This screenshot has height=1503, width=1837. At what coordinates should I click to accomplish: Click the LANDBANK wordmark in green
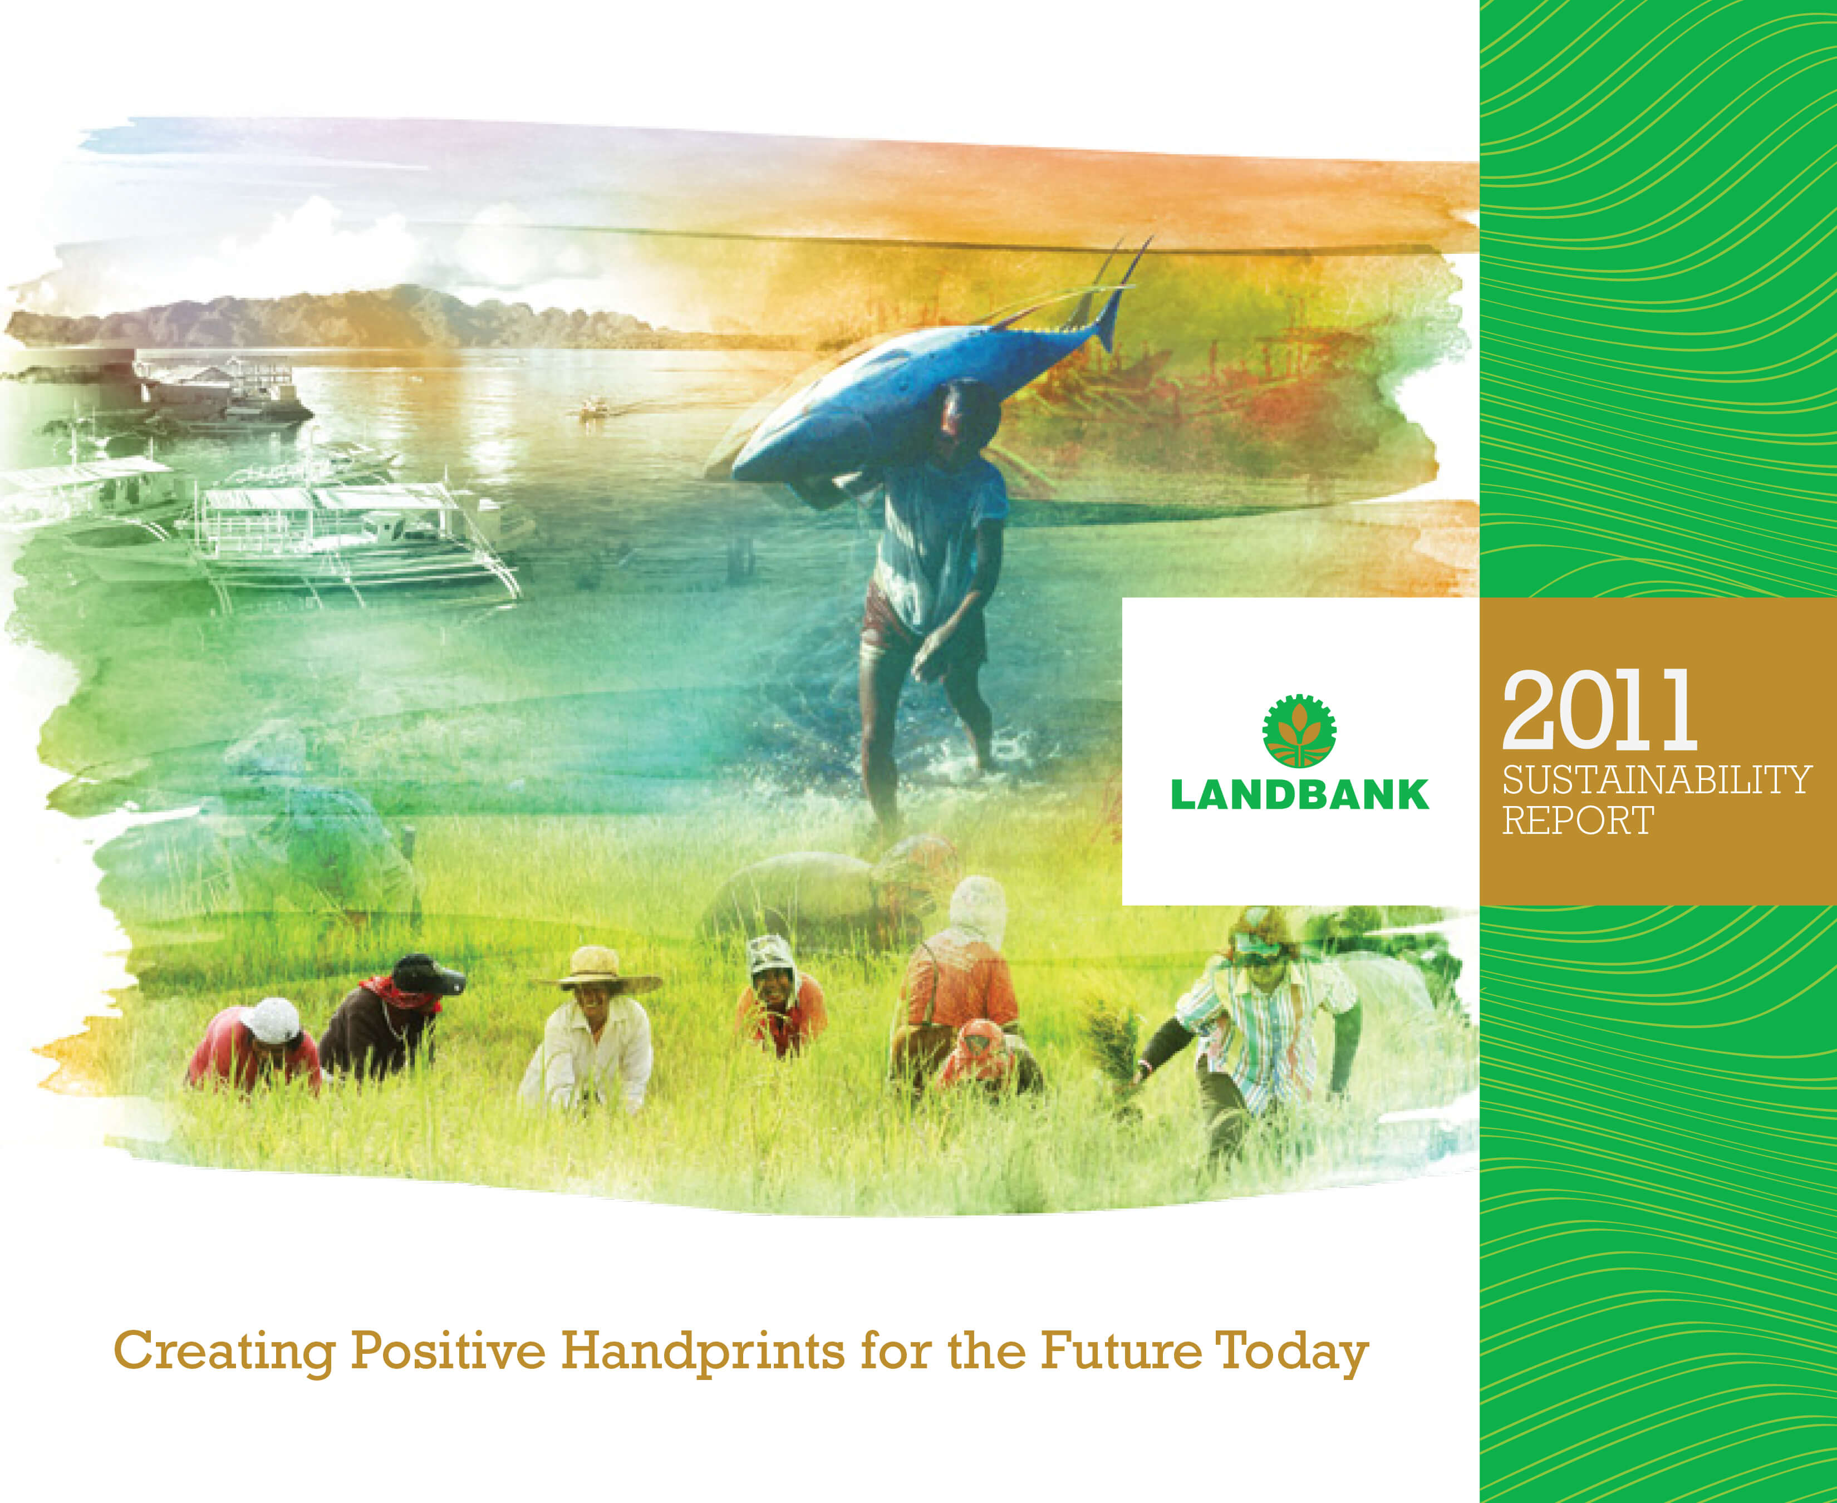[1299, 795]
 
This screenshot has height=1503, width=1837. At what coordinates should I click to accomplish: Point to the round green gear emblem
[1299, 731]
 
